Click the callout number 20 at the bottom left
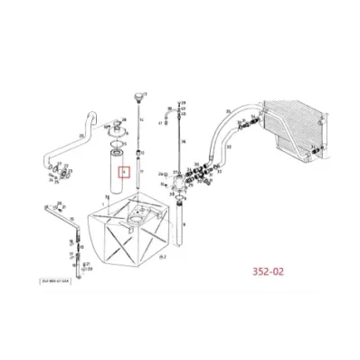pyautogui.click(x=90, y=267)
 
